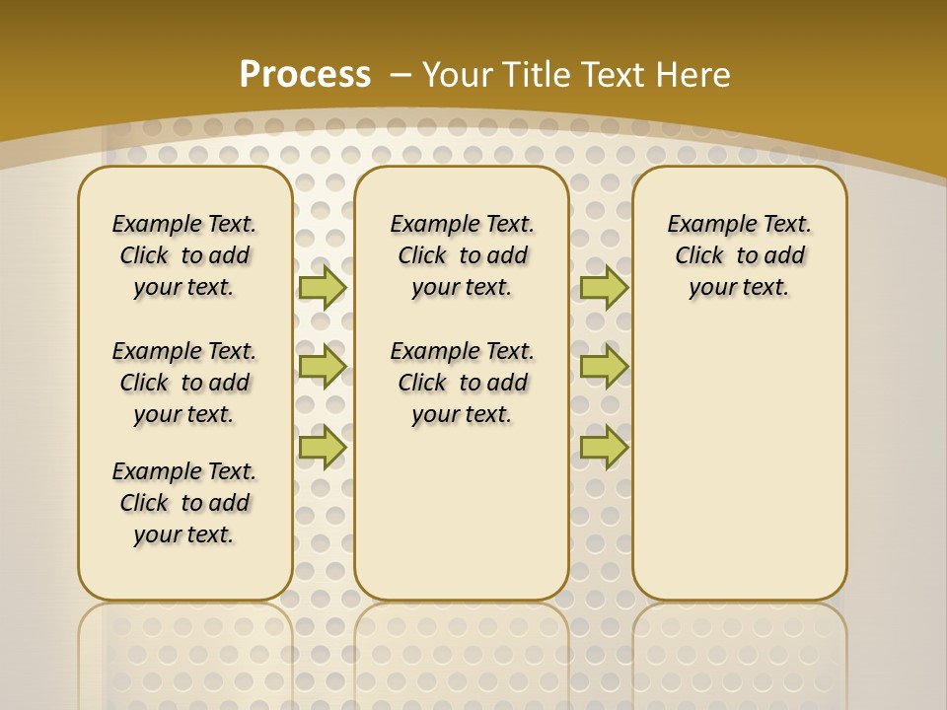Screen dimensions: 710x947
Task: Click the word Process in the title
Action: click(305, 74)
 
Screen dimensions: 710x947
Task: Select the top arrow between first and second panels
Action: click(322, 287)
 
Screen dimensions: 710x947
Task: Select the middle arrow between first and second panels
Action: click(322, 367)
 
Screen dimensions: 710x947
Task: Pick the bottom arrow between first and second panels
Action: click(322, 447)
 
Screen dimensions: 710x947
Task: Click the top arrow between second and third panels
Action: click(604, 287)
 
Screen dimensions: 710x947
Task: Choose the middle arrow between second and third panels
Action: click(604, 367)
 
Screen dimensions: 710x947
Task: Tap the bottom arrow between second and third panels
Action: click(604, 447)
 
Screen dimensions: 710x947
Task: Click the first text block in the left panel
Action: click(184, 255)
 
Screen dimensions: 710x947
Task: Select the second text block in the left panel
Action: click(184, 383)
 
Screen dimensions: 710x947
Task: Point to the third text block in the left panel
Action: click(184, 503)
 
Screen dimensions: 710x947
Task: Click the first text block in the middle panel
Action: click(463, 255)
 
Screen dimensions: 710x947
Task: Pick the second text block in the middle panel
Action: click(463, 383)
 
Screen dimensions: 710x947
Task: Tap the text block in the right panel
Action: click(740, 255)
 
